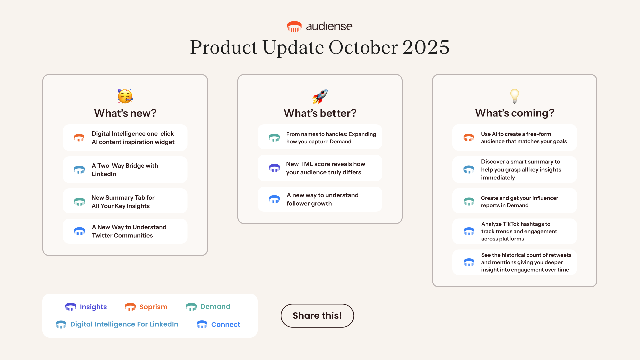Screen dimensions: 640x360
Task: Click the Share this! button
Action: click(317, 315)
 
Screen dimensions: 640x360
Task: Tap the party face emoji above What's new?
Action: click(125, 96)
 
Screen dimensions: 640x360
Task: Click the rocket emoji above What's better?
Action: click(320, 96)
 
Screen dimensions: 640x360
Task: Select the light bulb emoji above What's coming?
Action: click(515, 96)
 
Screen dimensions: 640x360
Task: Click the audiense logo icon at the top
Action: click(294, 26)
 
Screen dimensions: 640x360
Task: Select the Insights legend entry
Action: click(86, 307)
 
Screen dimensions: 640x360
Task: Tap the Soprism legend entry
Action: click(146, 307)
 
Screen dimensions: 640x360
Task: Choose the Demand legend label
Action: click(215, 306)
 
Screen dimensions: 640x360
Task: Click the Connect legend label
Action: click(226, 324)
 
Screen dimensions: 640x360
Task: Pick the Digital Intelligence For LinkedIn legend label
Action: click(124, 324)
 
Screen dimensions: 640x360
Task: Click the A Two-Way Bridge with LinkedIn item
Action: click(125, 170)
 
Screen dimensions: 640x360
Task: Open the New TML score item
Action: click(320, 168)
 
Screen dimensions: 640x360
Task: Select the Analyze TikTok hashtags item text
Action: click(519, 231)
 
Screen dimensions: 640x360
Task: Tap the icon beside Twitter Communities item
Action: click(79, 231)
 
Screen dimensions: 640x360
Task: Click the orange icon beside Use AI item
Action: click(469, 137)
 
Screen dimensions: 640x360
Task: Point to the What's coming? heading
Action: click(515, 113)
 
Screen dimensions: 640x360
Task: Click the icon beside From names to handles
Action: click(274, 137)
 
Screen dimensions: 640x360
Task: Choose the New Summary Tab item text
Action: click(123, 202)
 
